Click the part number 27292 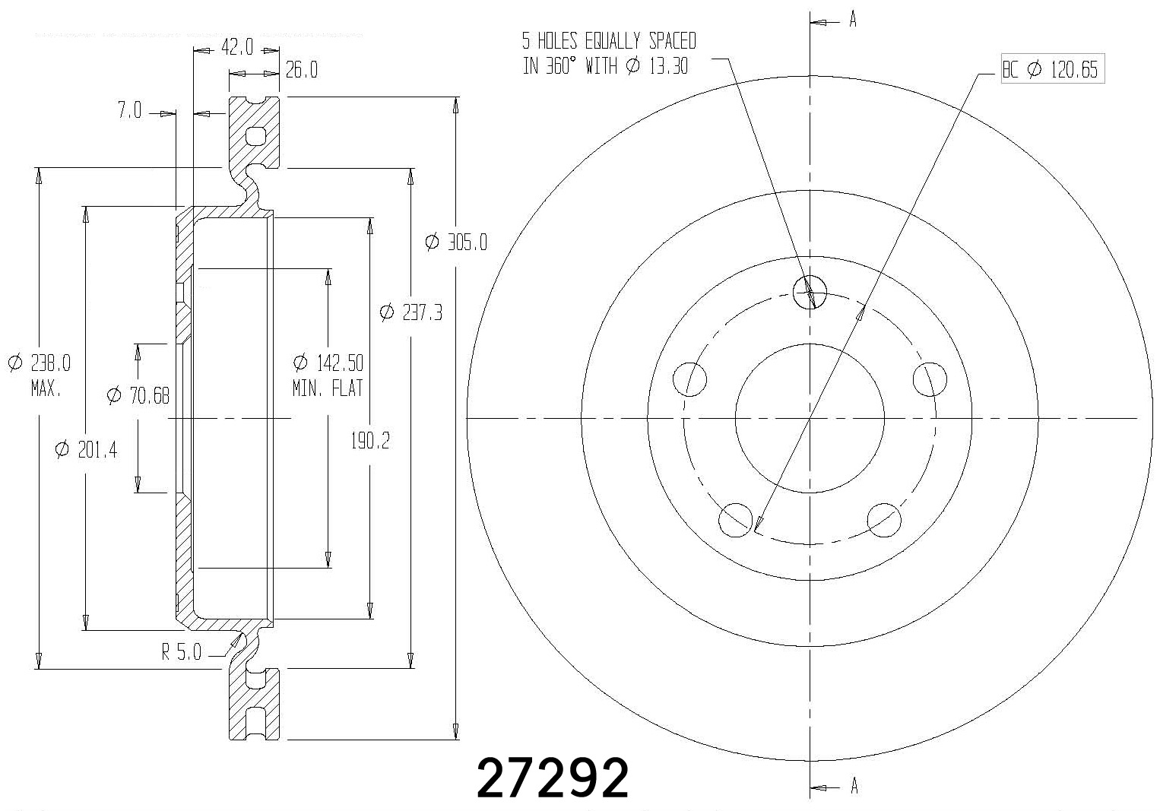(553, 778)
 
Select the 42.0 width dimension (236, 48)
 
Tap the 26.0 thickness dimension (302, 71)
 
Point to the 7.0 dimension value (129, 111)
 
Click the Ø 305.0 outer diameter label (456, 242)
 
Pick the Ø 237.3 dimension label (410, 312)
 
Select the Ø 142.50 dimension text (328, 362)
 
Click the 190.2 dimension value (369, 441)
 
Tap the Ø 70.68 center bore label (138, 395)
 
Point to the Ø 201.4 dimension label (86, 450)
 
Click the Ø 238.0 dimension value (40, 363)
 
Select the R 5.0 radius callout (181, 652)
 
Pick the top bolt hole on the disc (809, 290)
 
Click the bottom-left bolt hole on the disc (734, 519)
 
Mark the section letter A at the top (853, 21)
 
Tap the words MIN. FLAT (328, 388)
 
